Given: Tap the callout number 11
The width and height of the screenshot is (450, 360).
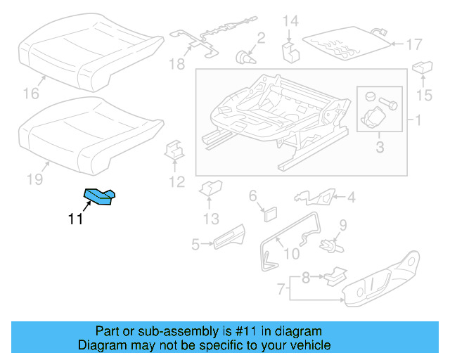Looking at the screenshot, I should pos(75,219).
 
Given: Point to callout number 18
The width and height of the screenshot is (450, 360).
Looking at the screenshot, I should pos(176,65).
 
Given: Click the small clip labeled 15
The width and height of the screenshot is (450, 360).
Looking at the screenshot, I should pos(422,67).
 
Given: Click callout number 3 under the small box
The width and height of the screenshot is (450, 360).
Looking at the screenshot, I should pos(379,147).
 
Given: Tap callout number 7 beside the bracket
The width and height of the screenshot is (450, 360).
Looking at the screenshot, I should pos(281,289).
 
